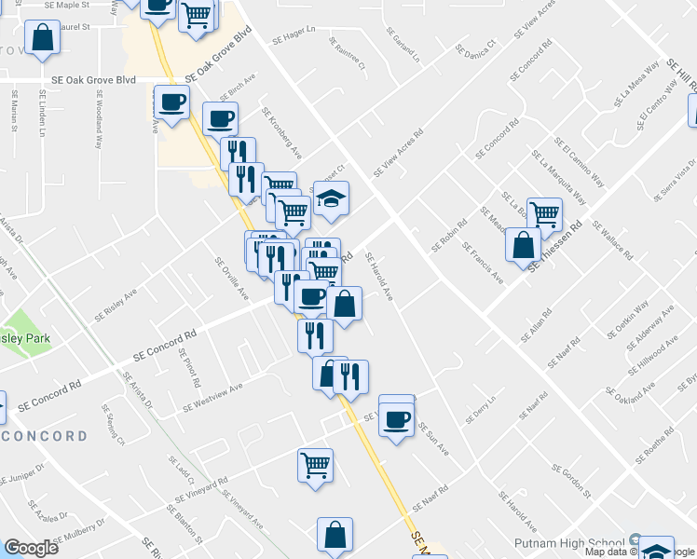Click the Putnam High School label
[570, 542]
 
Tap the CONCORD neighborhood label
[44, 436]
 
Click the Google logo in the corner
[31, 548]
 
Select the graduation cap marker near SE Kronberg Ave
[330, 198]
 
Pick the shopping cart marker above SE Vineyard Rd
[316, 464]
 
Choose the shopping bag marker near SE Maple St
[42, 39]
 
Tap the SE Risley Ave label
[115, 304]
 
